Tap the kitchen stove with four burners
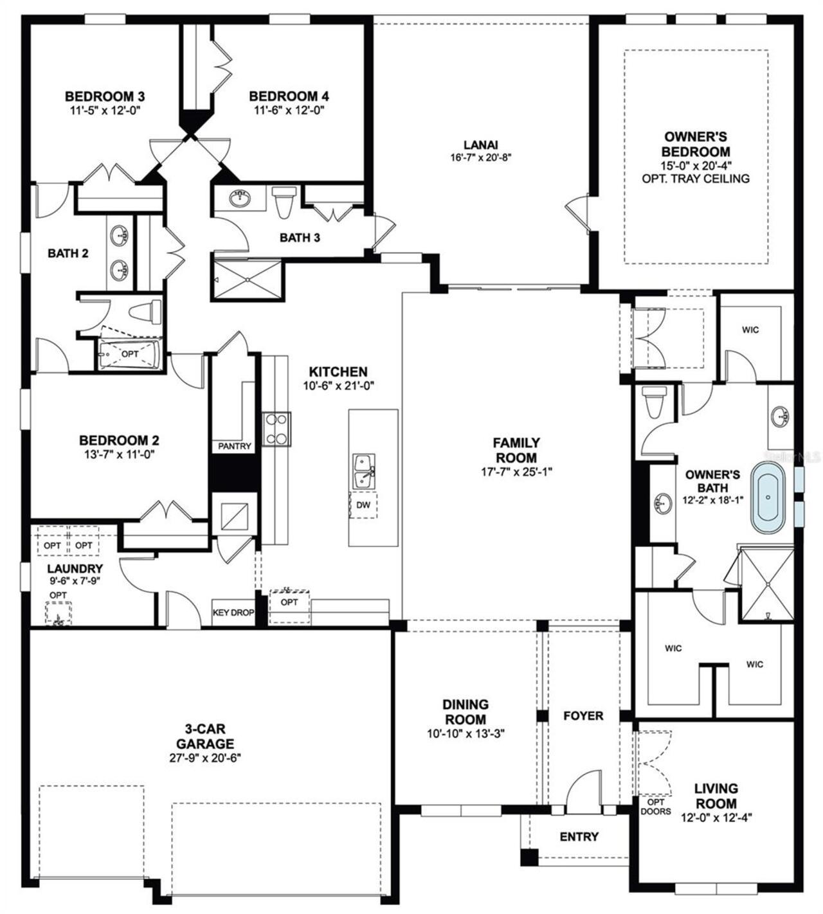(x=276, y=429)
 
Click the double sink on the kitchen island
(x=364, y=470)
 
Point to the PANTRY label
(x=234, y=446)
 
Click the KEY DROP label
(x=233, y=613)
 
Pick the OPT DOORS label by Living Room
(x=655, y=807)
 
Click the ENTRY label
(x=579, y=836)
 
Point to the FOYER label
(x=583, y=715)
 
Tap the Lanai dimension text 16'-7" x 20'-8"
(x=480, y=157)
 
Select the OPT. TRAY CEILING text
(x=696, y=178)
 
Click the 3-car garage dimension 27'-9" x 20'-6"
(x=201, y=757)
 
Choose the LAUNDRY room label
(x=75, y=568)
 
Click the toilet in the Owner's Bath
(x=655, y=404)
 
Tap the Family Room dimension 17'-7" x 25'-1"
(x=516, y=471)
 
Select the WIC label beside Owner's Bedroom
(x=750, y=330)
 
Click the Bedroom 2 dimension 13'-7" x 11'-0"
(x=119, y=454)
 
